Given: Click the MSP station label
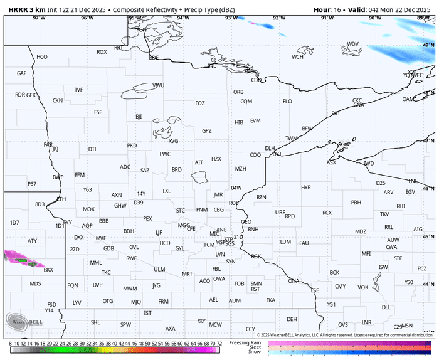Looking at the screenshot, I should point(220,242).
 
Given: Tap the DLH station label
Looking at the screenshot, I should point(270,149).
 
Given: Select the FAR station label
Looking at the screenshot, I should point(48,144).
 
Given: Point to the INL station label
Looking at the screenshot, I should point(212,65).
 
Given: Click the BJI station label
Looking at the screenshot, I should point(139,117).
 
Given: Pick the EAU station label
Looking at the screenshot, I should point(304,243).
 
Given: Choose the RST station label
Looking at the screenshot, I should point(255,289).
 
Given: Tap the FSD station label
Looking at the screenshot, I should point(51,304).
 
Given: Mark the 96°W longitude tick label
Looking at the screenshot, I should point(87,18).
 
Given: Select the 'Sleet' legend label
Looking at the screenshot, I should point(255,347).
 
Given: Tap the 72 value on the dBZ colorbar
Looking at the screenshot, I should point(219,344).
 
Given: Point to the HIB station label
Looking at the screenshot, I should point(239,122).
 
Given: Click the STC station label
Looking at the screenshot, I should point(181,210).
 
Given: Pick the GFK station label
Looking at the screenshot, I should point(31,95).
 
